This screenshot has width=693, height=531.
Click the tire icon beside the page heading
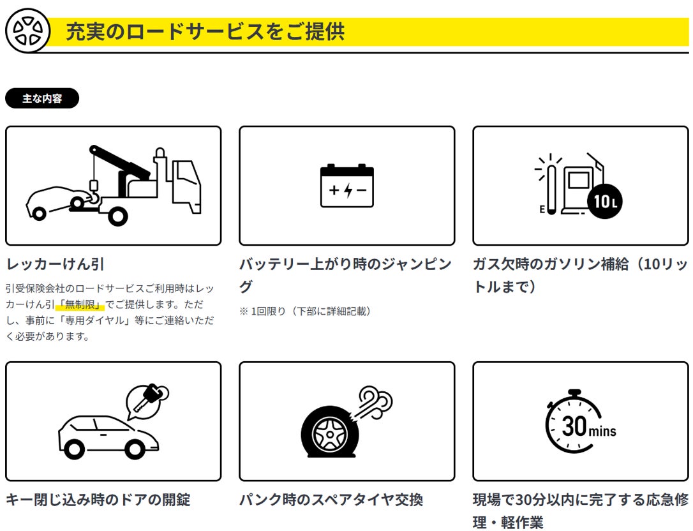pyautogui.click(x=27, y=30)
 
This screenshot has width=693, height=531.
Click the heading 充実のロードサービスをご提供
pyautogui.click(x=205, y=31)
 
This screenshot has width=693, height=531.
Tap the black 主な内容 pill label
pyautogui.click(x=42, y=99)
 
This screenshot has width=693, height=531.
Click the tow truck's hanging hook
pyautogui.click(x=93, y=186)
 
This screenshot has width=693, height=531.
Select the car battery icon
pyautogui.click(x=346, y=186)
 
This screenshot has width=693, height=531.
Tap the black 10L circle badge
pyautogui.click(x=604, y=202)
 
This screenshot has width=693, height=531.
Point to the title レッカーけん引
pyautogui.click(x=55, y=264)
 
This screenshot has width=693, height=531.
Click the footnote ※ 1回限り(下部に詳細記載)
pyautogui.click(x=305, y=311)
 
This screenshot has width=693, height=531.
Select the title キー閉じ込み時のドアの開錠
pyautogui.click(x=98, y=499)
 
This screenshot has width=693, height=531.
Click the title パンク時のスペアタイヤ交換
pyautogui.click(x=331, y=499)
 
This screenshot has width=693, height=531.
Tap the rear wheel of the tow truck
pyautogui.click(x=117, y=216)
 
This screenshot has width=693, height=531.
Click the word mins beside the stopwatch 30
pyautogui.click(x=603, y=431)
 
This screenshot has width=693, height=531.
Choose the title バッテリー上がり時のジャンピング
pyautogui.click(x=345, y=275)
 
